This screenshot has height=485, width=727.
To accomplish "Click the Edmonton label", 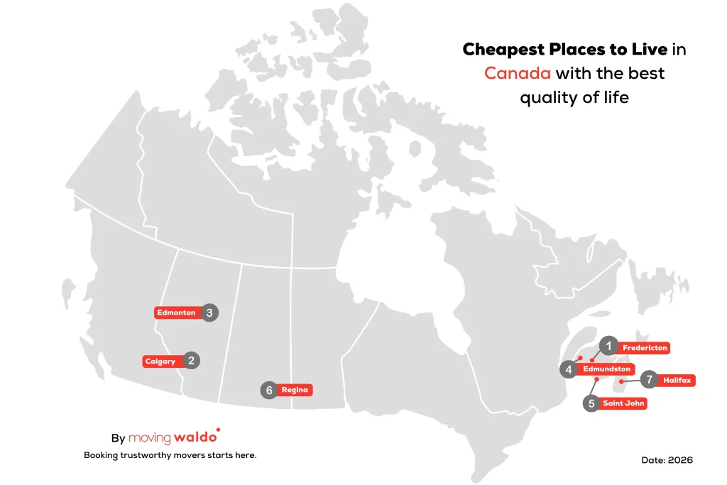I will (x=176, y=312).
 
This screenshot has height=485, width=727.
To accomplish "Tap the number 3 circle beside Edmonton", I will (x=209, y=312).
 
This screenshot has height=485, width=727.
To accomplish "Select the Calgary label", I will (x=160, y=361).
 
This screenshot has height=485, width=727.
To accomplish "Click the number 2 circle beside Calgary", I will (x=191, y=361).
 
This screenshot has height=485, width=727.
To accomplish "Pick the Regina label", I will (x=295, y=390).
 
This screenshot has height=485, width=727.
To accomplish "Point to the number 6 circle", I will (x=269, y=390).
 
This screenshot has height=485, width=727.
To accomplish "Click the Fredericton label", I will (x=645, y=348).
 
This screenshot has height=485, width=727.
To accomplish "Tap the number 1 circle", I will (x=608, y=345).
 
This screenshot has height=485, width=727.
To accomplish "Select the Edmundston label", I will (x=606, y=369).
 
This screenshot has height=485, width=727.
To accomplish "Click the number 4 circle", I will (x=569, y=369).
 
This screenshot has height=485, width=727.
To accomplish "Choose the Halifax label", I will (x=677, y=380).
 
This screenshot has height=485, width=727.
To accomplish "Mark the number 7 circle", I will (x=649, y=379).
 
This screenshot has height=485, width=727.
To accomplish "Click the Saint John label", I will (x=623, y=403).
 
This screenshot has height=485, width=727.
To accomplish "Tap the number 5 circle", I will (x=591, y=403).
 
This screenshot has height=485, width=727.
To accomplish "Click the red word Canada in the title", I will (x=518, y=73).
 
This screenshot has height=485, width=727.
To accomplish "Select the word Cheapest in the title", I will (x=503, y=49).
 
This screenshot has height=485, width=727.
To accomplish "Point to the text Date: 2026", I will (x=667, y=460).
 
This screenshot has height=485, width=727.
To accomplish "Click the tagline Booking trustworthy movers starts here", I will (x=170, y=455).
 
